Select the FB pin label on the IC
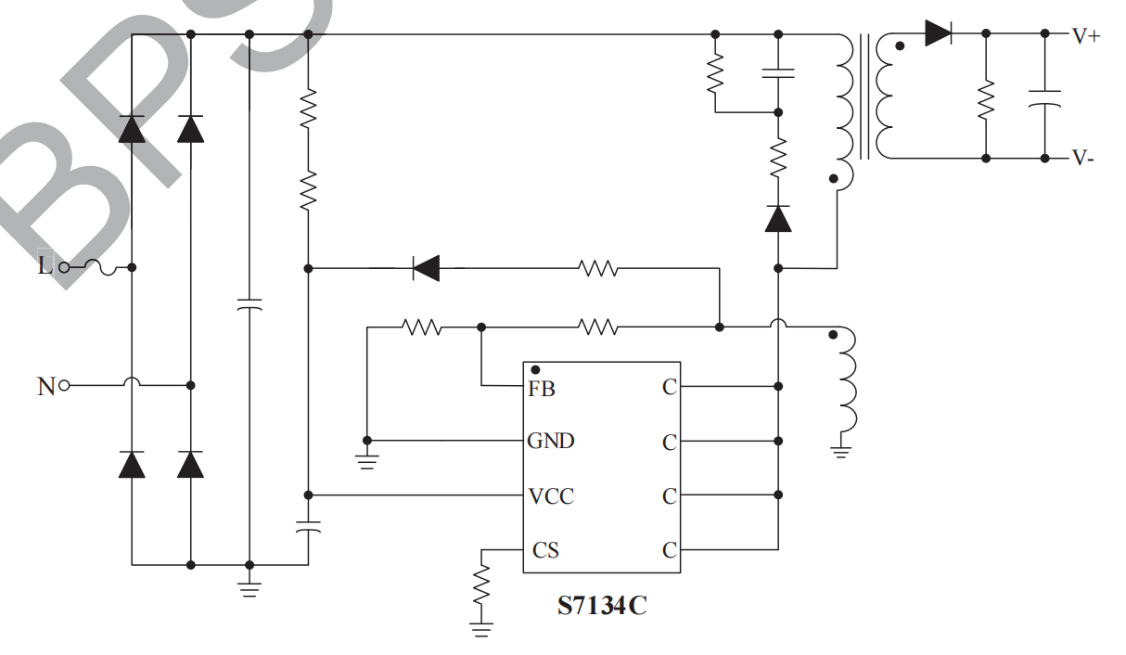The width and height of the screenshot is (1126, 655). coord(542,389)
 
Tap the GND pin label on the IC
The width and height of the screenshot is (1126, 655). coord(551,441)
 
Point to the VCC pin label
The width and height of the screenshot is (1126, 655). coord(551,496)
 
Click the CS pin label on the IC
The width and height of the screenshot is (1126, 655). coord(545,550)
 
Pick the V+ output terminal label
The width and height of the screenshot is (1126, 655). coord(1086,36)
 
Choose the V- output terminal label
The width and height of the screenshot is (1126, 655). coord(1083,158)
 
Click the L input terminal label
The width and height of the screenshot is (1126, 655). coord(44,267)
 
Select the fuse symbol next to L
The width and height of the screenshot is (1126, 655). coord(99,267)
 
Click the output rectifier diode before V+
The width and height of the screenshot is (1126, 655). coord(938,33)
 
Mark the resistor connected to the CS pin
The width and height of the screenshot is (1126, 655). coord(481,584)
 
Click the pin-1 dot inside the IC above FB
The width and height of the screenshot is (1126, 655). coord(535,370)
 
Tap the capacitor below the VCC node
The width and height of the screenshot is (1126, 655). coord(308,528)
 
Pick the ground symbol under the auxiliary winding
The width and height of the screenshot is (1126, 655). coord(841,452)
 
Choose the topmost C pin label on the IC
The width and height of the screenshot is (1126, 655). coord(670,389)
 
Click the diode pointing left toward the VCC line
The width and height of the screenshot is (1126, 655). coord(426,269)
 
